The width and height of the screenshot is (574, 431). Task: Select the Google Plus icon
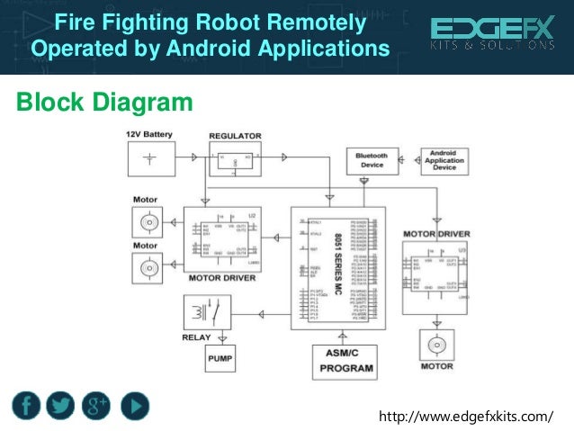[x=96, y=405]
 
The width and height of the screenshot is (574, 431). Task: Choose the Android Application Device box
[x=444, y=160]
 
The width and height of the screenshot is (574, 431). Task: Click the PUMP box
[x=220, y=359]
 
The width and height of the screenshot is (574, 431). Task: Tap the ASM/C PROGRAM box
[x=345, y=361]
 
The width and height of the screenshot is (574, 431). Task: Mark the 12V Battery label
[x=149, y=134]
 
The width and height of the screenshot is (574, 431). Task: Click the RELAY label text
[x=196, y=338]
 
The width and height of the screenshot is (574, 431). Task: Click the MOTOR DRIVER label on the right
[x=436, y=234]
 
